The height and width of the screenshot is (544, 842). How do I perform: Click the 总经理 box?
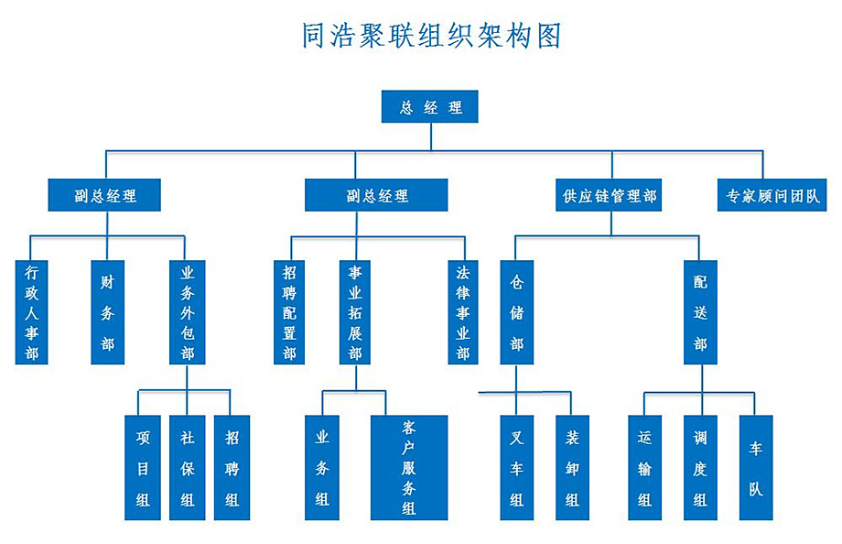click(x=430, y=107)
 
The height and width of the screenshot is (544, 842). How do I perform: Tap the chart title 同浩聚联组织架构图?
click(x=431, y=36)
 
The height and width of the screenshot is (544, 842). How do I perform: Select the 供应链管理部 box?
click(x=610, y=195)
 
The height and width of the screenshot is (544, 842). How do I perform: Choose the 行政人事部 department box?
click(x=32, y=312)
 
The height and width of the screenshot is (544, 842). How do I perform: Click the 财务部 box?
click(x=107, y=312)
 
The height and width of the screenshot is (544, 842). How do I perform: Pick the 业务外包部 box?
click(x=188, y=312)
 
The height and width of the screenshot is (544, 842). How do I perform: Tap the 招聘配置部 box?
click(x=289, y=312)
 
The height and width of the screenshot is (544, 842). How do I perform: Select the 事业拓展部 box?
click(x=355, y=312)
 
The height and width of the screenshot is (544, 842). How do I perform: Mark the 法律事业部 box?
click(x=462, y=312)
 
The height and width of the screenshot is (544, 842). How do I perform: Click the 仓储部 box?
click(x=517, y=312)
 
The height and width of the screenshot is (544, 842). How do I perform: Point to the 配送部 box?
click(x=700, y=312)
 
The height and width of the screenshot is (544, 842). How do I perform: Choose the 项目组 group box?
click(x=142, y=467)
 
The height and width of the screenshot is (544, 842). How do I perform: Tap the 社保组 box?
click(x=187, y=467)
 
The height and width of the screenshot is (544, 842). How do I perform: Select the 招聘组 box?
click(x=232, y=467)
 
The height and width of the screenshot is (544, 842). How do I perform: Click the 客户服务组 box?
click(x=409, y=467)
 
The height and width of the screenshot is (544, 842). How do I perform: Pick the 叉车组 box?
click(x=517, y=467)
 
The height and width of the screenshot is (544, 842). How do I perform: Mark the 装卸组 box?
click(x=572, y=467)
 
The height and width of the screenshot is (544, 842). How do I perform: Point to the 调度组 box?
click(x=700, y=467)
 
